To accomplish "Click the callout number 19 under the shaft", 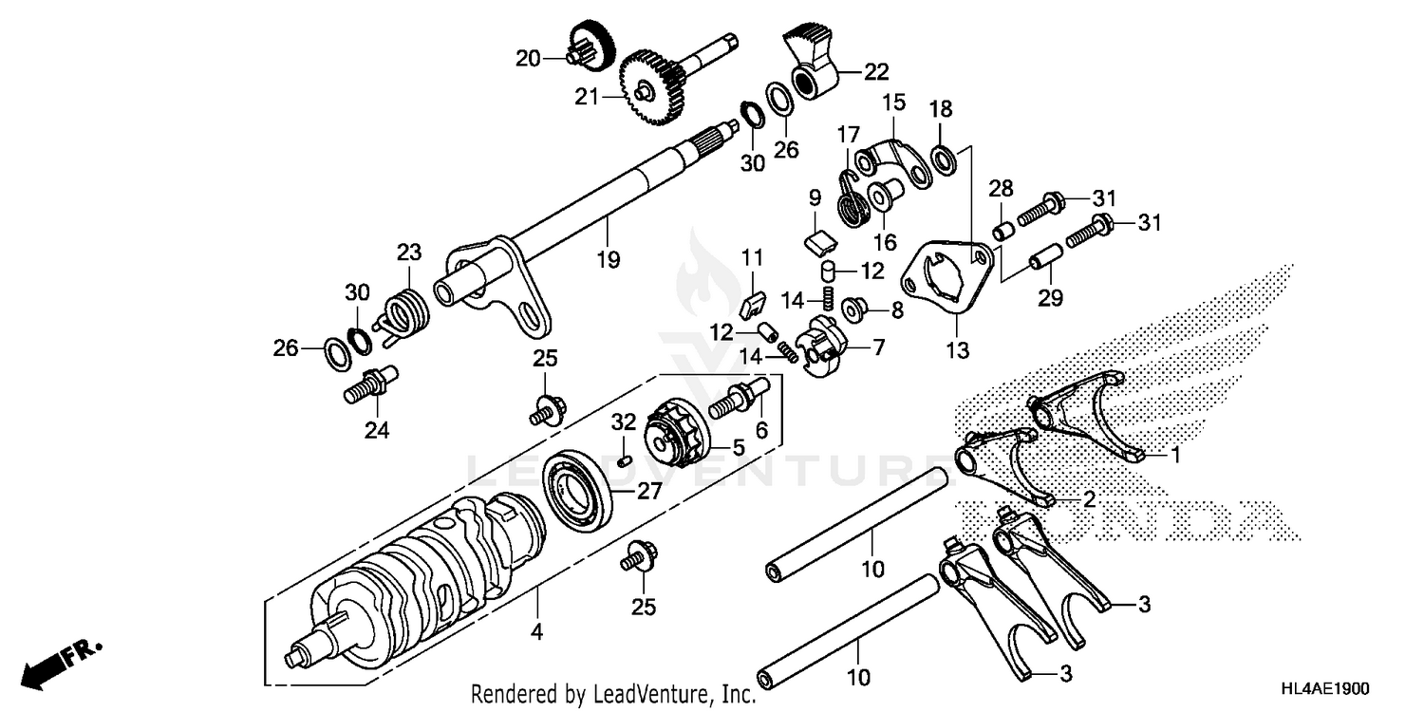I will [x=608, y=258].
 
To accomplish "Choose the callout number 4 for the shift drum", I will [x=536, y=630].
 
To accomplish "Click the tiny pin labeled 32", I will [x=624, y=460].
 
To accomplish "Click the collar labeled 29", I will [x=1046, y=258].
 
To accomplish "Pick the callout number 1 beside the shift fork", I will [x=1174, y=456].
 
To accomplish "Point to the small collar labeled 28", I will [x=1002, y=231].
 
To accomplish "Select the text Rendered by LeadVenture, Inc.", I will [x=613, y=694].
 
